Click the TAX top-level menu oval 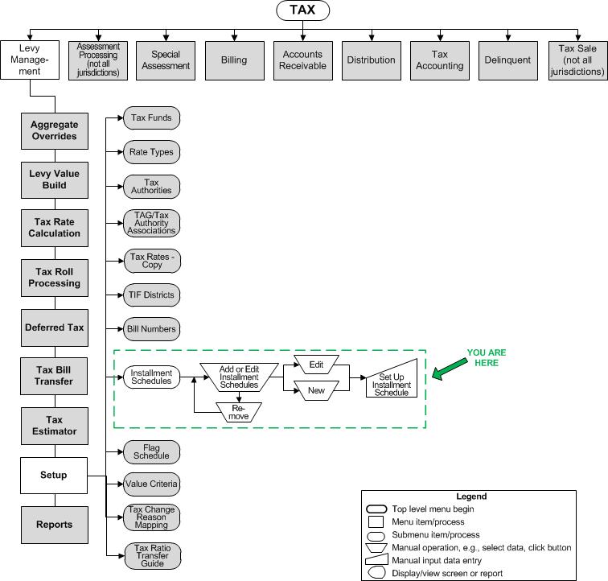tap(302, 11)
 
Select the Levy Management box tap(30, 60)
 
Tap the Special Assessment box tap(166, 60)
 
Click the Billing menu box tap(234, 60)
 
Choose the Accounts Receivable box tap(303, 60)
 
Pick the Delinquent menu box tap(508, 60)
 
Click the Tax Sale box tap(577, 60)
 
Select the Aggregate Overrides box tap(54, 130)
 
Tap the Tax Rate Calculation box tap(54, 228)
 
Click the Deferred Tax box tap(54, 328)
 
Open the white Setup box tap(54, 475)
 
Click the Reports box tap(54, 524)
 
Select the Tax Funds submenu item tap(151, 117)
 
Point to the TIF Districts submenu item tap(151, 295)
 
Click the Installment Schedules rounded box tap(150, 377)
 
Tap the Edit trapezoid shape tap(315, 365)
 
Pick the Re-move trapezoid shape tap(239, 411)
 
